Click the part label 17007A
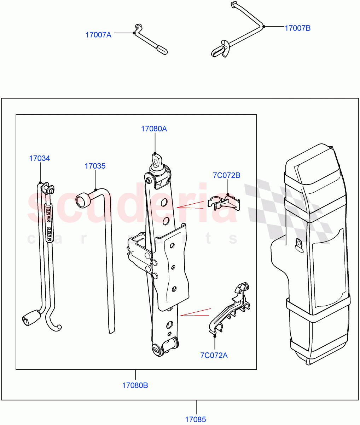[x=98, y=35]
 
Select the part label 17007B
[x=297, y=28]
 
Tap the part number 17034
[x=39, y=158]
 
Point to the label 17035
[x=95, y=166]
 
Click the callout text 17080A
[x=154, y=129]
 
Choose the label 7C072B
[x=226, y=175]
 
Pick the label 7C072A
[x=214, y=355]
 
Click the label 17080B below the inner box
[x=135, y=385]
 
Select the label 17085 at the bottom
[x=195, y=420]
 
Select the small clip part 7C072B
[x=223, y=203]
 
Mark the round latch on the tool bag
[x=299, y=244]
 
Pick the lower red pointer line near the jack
[x=195, y=312]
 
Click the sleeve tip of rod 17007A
[x=162, y=50]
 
